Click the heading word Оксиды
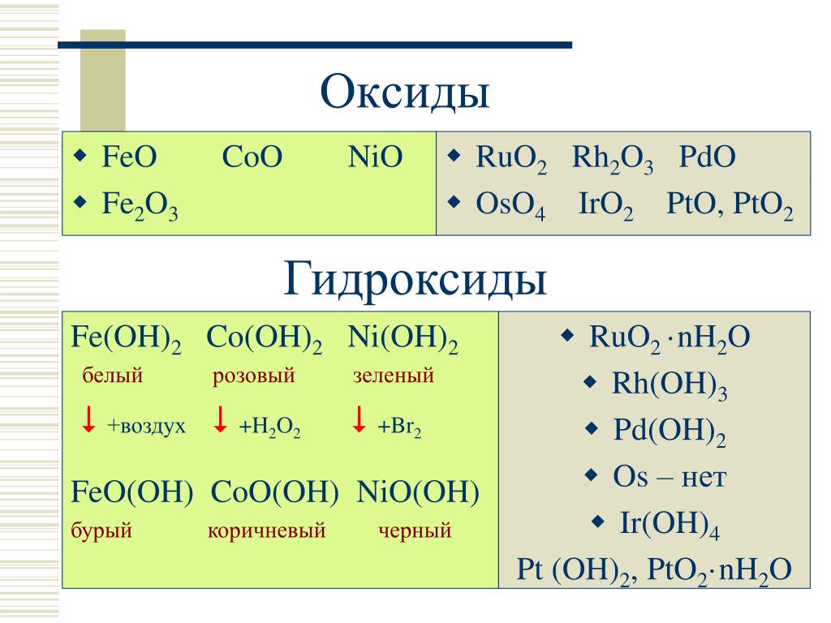[x=405, y=92]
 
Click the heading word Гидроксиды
[x=415, y=279]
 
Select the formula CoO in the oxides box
[x=252, y=157]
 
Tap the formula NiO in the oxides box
[x=375, y=157]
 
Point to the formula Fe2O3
[x=140, y=205]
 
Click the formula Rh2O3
[x=613, y=159]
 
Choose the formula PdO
[x=708, y=157]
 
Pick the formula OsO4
[x=510, y=205]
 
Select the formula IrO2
[x=605, y=205]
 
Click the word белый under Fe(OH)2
[x=112, y=375]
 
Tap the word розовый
[x=253, y=376]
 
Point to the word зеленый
[x=394, y=376]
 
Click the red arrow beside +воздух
[x=88, y=419]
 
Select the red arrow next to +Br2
[x=359, y=419]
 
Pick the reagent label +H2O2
[x=269, y=427]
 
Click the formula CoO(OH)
[x=274, y=492]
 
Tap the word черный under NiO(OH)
[x=415, y=531]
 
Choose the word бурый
[x=101, y=531]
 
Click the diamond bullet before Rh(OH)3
[x=590, y=383]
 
